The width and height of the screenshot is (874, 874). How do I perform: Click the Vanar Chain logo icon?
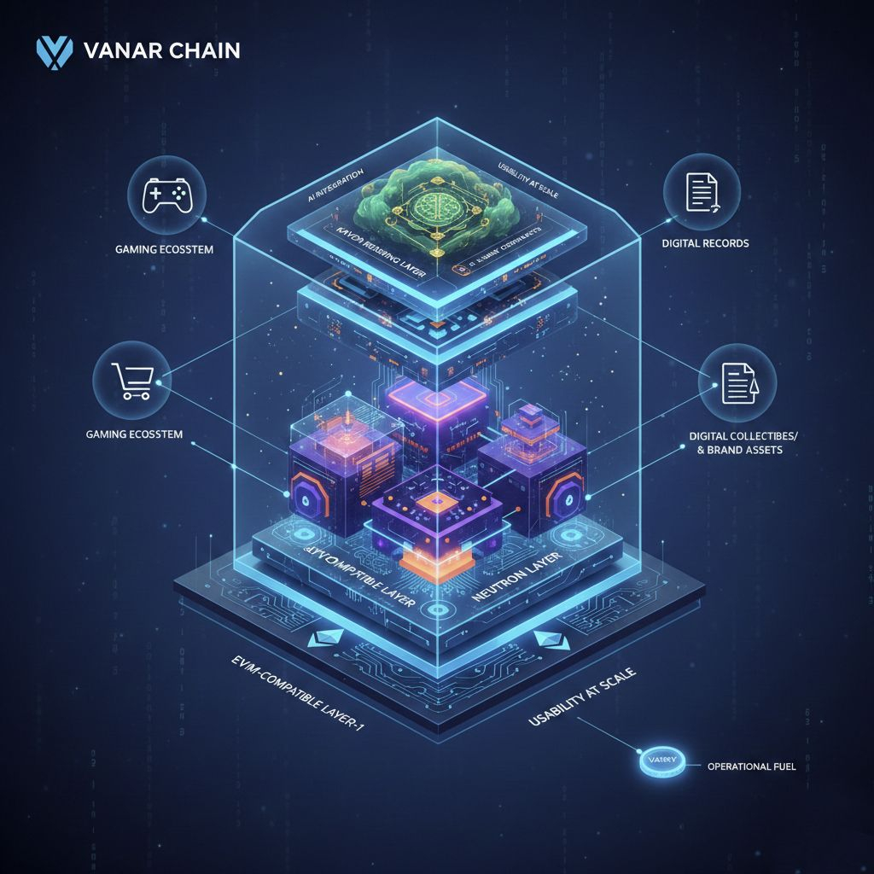53,50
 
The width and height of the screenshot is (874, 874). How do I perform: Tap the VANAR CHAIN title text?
163,50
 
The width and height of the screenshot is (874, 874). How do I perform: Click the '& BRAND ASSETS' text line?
736,450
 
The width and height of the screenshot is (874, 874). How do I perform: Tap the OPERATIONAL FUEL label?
751,766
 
